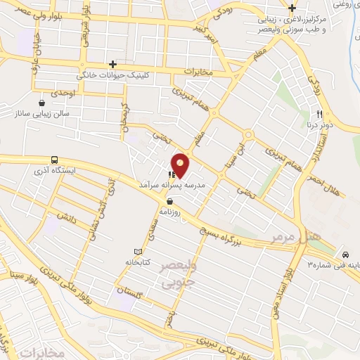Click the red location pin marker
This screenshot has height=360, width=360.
point(181,165)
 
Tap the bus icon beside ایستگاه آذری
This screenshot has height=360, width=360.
point(55,160)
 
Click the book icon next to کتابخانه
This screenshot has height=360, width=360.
point(138,252)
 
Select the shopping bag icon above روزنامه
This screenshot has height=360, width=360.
point(170,200)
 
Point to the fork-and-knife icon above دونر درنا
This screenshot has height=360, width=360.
point(319,114)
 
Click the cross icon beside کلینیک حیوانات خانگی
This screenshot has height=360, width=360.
point(112,63)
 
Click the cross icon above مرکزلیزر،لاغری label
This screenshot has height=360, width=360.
point(291,8)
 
